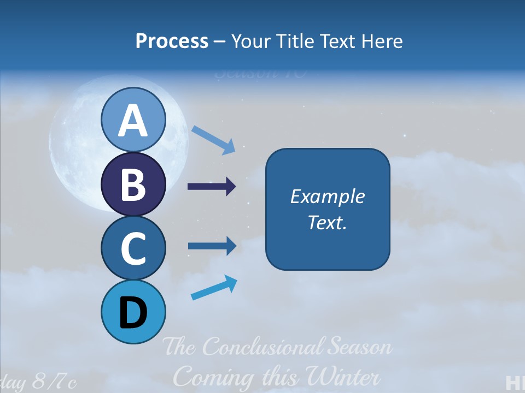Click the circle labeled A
[133, 120]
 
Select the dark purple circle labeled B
[133, 184]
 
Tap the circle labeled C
[133, 248]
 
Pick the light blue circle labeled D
[133, 312]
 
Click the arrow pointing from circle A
[214, 139]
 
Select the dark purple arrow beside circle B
[212, 187]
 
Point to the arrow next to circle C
[212, 246]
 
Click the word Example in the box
[328, 196]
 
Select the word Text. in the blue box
[328, 222]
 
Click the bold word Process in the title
[172, 41]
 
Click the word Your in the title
[249, 41]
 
